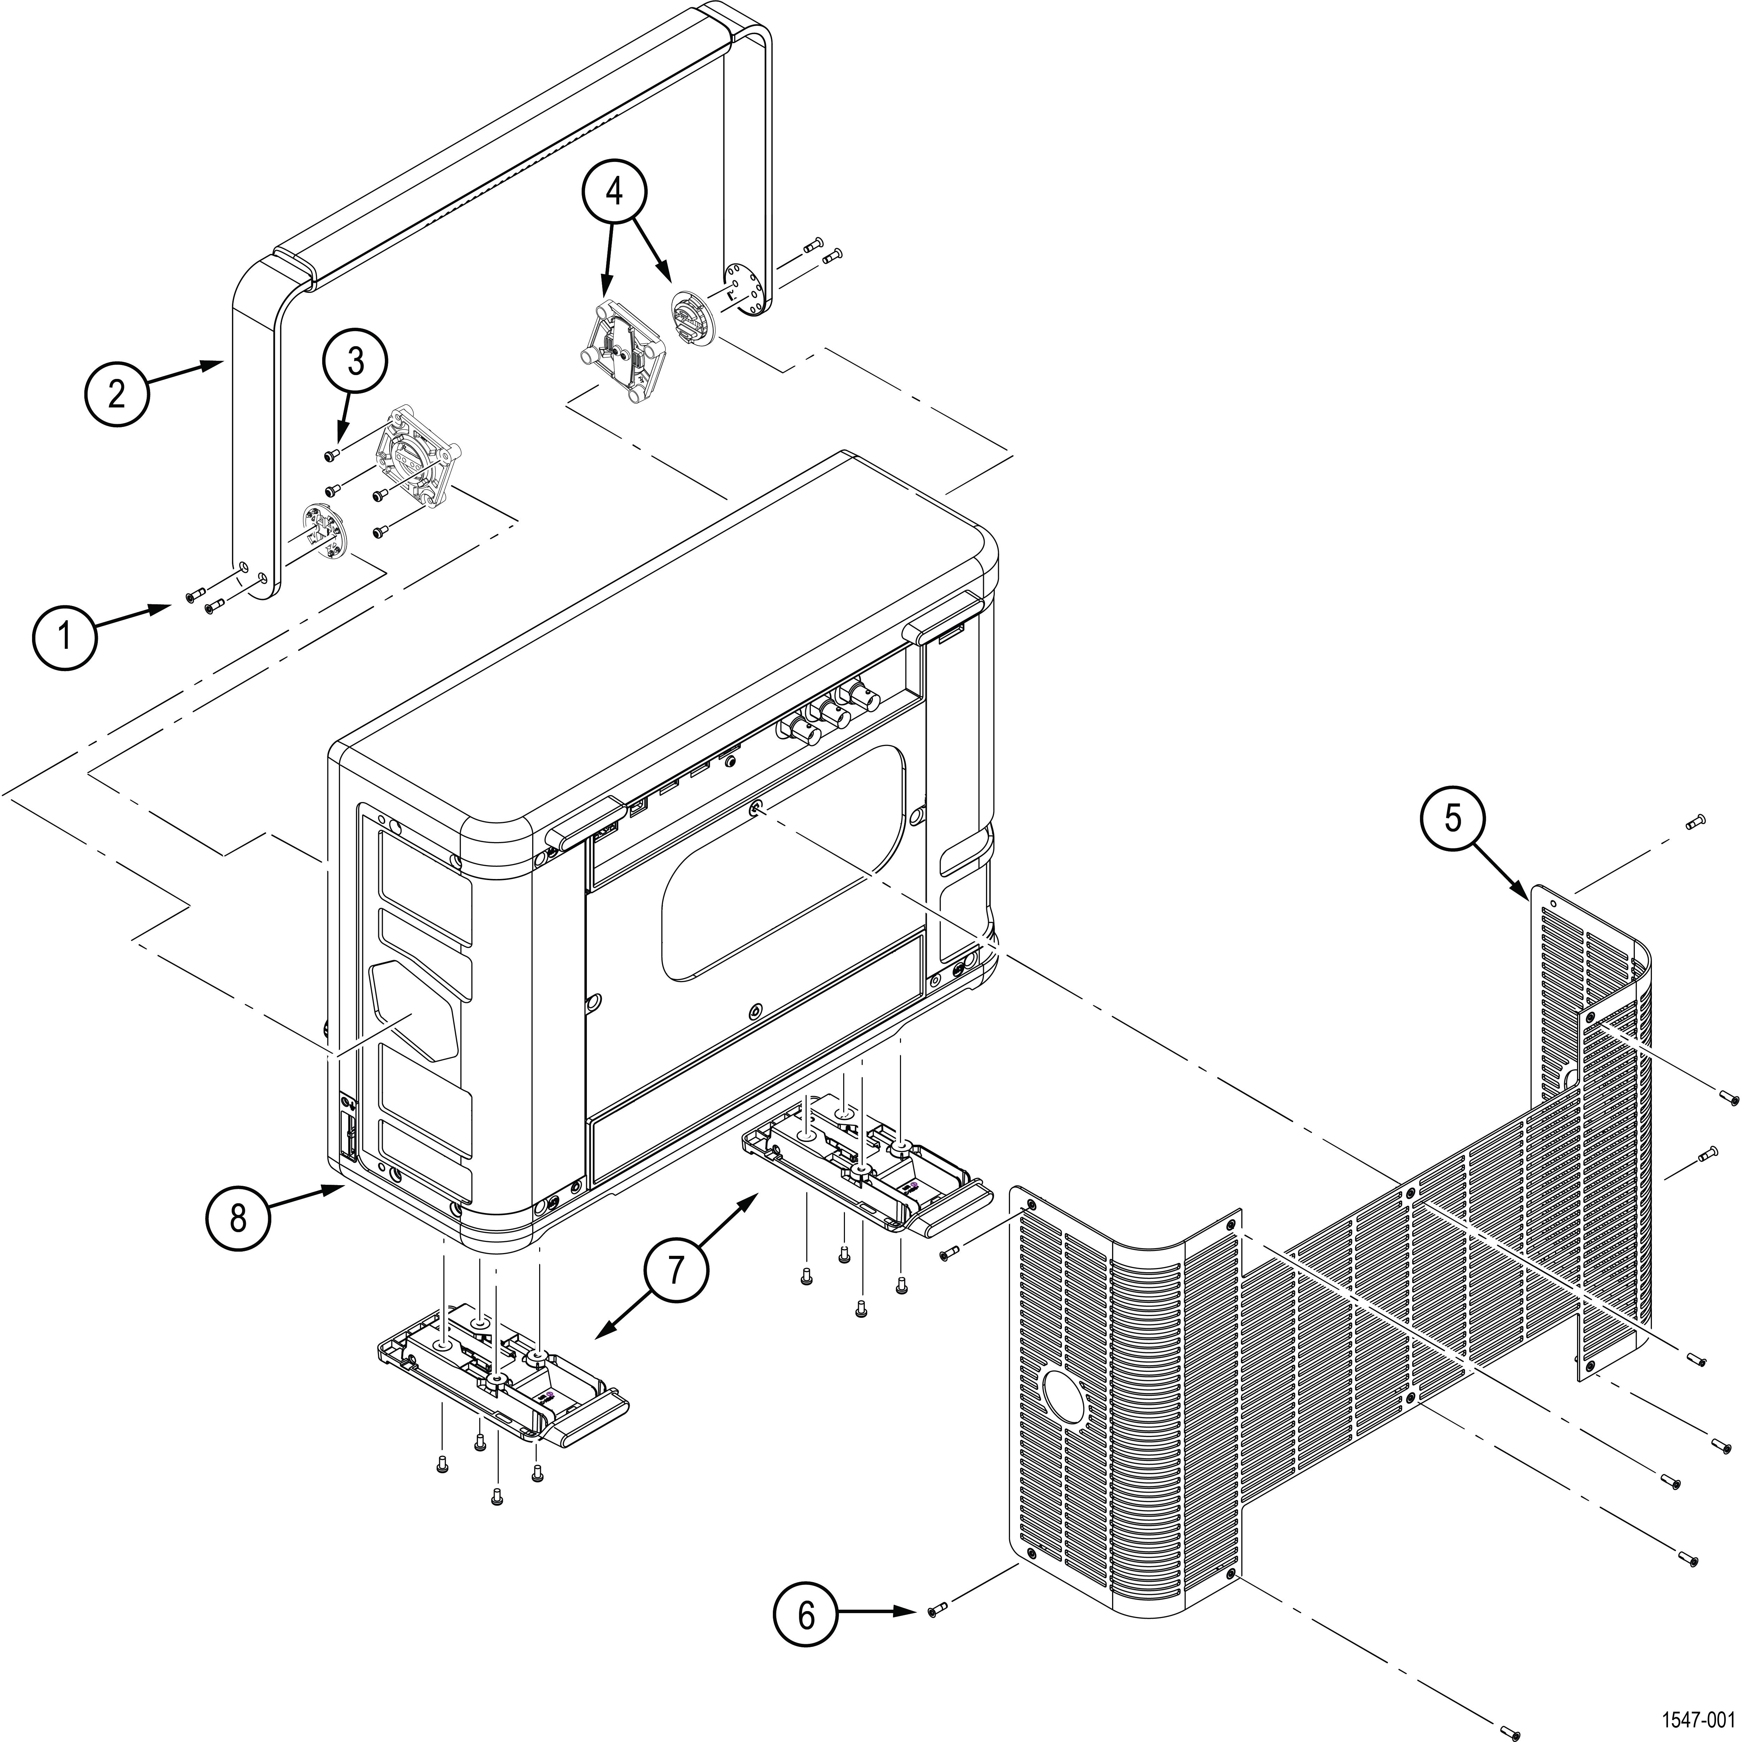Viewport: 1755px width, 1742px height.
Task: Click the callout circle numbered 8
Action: [x=238, y=1218]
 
